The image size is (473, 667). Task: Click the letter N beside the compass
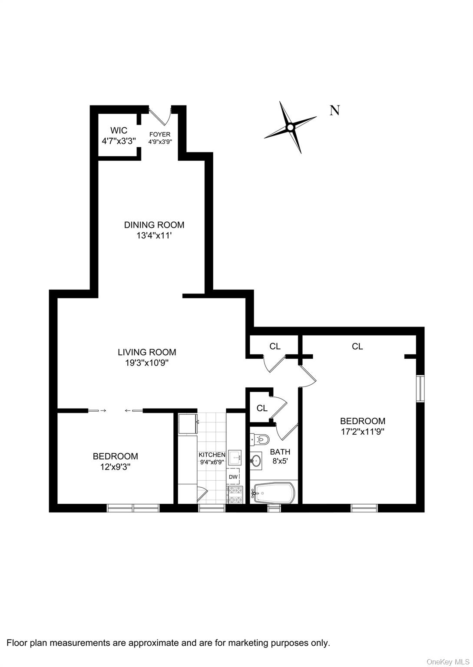[x=334, y=110]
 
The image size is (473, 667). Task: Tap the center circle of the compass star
[x=290, y=128]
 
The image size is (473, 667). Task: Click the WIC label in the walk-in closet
[x=119, y=130]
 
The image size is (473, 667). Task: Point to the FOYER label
[x=160, y=134]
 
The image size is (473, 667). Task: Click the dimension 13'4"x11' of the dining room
[x=154, y=236]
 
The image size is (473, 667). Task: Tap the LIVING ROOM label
[x=147, y=352]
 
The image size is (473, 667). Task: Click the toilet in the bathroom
[x=261, y=440]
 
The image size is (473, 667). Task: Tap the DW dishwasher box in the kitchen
[x=233, y=477]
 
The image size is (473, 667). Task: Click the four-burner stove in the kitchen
[x=234, y=495]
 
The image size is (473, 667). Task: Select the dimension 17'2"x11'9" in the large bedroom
[x=363, y=432]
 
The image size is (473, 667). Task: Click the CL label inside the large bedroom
[x=357, y=347]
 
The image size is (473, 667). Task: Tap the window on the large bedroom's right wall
[x=420, y=388]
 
